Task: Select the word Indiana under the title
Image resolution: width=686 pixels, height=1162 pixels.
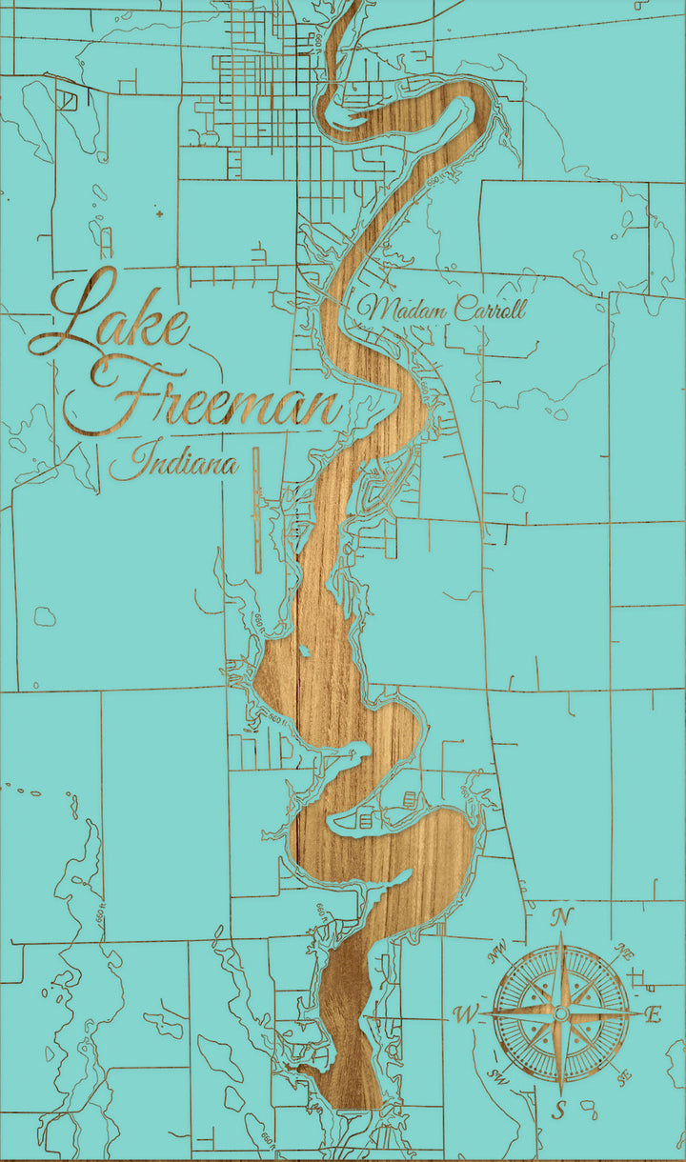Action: point(173,464)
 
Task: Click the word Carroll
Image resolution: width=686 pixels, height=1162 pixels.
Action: point(490,309)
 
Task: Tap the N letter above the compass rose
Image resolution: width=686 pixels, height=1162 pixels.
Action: point(563,917)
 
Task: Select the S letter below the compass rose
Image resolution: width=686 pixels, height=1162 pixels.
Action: point(560,1111)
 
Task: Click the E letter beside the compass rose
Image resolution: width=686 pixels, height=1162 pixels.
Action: point(654,1015)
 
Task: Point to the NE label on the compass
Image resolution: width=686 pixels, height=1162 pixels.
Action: point(625,951)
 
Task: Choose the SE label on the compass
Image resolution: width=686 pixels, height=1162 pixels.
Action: point(624,1077)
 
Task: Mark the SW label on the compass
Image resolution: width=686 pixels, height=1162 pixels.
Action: point(497,1077)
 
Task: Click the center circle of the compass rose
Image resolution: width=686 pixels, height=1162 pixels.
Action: point(561,1015)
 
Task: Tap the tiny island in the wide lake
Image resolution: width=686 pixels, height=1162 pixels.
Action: point(304,651)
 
